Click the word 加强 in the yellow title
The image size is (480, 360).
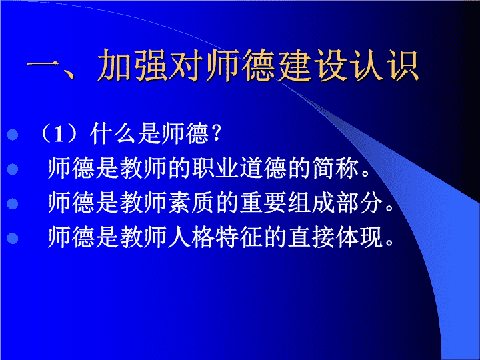133,65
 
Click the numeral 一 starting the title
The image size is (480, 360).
43,65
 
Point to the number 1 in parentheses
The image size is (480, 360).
59,134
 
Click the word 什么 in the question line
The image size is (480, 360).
113,134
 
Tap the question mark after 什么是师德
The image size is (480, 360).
216,134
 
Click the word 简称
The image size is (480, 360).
335,168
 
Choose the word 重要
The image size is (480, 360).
263,203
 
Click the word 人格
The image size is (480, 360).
191,237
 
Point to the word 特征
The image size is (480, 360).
239,237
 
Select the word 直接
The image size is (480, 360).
311,237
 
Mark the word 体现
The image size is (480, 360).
359,237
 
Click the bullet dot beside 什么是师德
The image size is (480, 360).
13,135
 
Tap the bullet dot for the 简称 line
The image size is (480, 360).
13,169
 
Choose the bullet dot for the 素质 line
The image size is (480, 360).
13,203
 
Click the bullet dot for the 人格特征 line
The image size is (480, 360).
13,238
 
